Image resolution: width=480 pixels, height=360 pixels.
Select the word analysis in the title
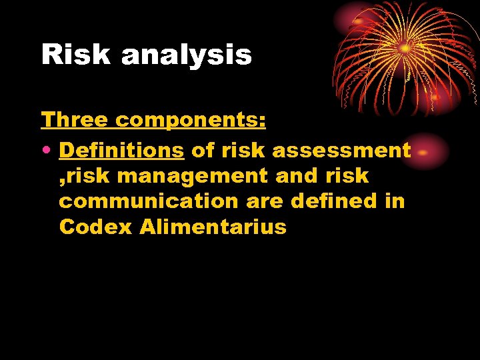pyautogui.click(x=186, y=55)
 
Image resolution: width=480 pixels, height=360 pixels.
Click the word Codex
pyautogui.click(x=95, y=227)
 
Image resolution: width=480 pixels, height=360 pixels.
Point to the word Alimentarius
pyautogui.click(x=213, y=227)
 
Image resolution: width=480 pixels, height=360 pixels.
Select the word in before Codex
pyautogui.click(x=393, y=201)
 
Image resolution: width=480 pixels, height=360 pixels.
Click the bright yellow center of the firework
pyautogui.click(x=405, y=48)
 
